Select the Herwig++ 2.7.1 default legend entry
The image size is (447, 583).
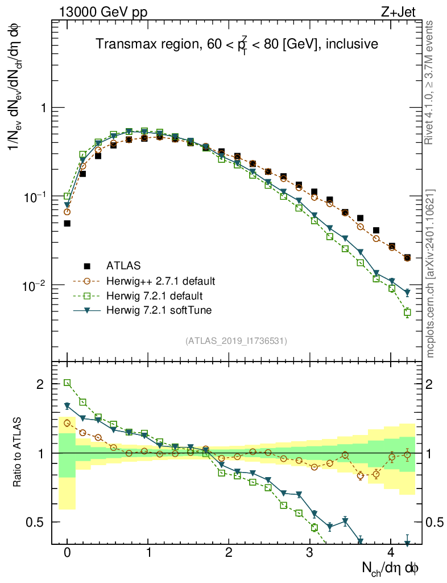click(x=160, y=281)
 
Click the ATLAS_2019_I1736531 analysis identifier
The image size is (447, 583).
click(x=236, y=341)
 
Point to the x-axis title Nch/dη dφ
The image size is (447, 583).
click(x=391, y=568)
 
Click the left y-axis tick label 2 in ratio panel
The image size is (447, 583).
click(x=40, y=384)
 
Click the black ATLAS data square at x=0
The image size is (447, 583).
click(x=67, y=223)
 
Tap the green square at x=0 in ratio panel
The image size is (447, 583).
click(x=67, y=383)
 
